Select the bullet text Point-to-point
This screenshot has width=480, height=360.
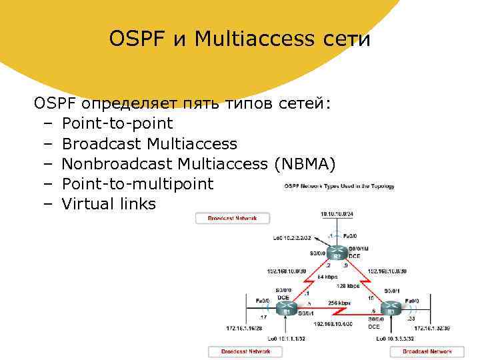point(117,123)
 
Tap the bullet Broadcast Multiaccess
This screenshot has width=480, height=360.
point(149,143)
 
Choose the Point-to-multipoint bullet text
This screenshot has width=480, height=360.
point(137,183)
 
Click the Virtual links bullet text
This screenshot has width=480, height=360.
point(109,203)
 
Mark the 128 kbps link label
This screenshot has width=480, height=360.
point(348,285)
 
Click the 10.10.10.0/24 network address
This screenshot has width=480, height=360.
point(338,215)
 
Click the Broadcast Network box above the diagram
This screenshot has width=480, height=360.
point(232,218)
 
